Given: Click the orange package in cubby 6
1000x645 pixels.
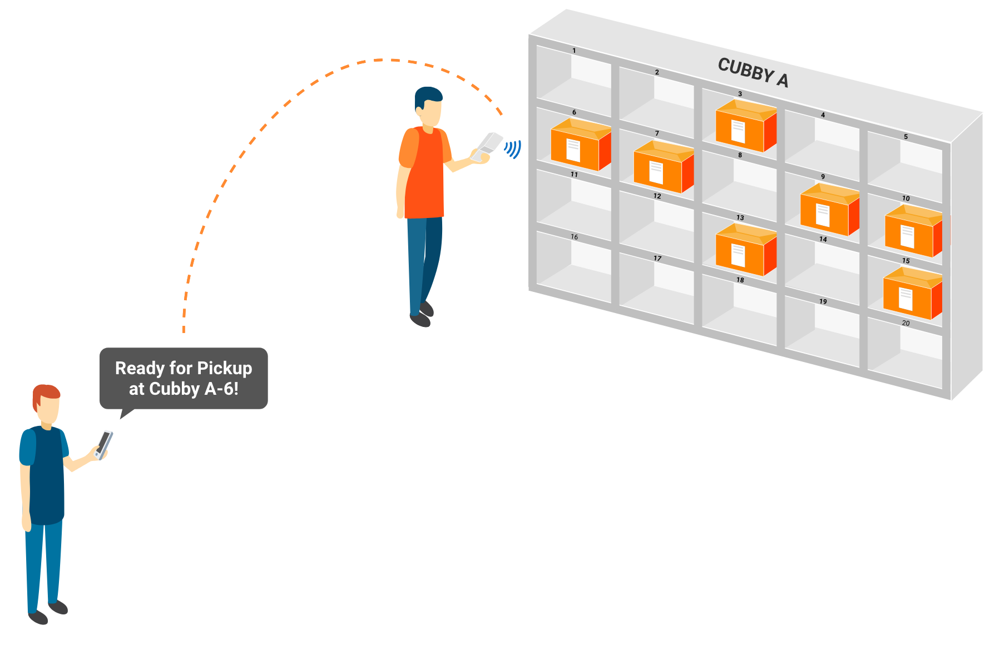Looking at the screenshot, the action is pos(581,145).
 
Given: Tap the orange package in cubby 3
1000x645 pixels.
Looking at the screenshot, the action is pos(746,126).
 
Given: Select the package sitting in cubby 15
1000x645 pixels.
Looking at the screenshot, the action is pos(912,294).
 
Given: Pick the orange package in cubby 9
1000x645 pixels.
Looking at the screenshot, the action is pos(830,209).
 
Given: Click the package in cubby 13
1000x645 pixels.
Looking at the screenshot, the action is pos(746,250).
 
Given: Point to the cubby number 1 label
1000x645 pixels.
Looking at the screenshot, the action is pos(575,51).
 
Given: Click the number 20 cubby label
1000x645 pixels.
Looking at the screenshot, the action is pos(906,323).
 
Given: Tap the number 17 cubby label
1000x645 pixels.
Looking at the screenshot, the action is pos(657,259).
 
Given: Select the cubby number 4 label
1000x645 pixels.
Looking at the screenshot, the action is pos(823,115).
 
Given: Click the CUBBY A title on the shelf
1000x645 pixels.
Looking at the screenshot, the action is pos(753,73).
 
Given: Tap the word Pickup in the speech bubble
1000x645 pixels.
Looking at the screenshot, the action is pos(225,368).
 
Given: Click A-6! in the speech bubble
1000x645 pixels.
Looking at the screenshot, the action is pos(221,389).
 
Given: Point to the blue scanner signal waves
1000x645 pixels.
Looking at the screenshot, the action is pos(513,149).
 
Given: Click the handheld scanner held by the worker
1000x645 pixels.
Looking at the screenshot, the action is pos(487,146).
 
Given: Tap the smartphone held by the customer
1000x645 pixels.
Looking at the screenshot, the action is pos(103,445).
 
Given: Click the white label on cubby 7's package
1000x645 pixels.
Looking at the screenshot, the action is pos(656,172).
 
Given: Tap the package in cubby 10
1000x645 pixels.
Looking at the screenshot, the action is pos(914,231).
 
